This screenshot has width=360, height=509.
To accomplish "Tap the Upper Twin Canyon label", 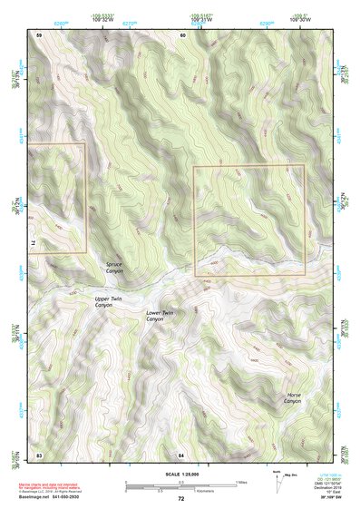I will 109,302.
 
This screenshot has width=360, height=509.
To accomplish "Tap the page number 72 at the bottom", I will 180,499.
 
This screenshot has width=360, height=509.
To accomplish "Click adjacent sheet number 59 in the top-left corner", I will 39,34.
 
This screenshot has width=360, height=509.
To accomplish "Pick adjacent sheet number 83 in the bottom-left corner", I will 39,454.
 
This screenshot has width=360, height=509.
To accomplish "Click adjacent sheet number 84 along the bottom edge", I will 181,454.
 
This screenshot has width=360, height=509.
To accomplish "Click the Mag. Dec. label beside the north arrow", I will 289,474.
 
